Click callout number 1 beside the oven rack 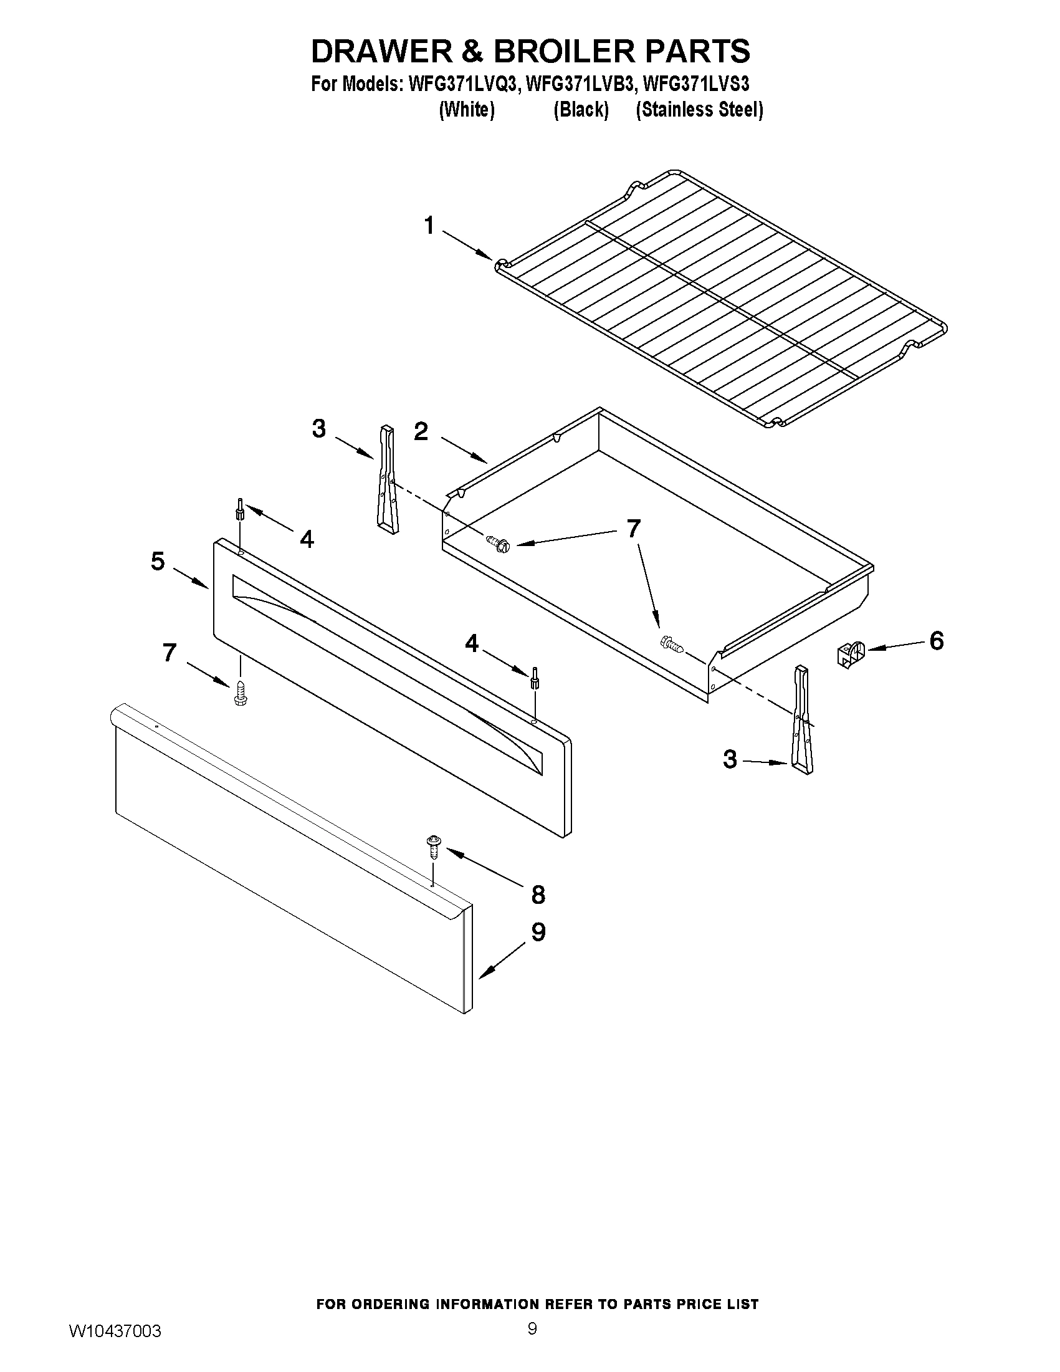[429, 225]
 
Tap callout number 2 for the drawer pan [421, 431]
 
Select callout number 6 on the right [935, 641]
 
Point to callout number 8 [538, 895]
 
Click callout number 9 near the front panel [538, 933]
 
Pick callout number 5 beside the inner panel [158, 561]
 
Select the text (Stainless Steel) [699, 110]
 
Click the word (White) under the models [467, 110]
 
